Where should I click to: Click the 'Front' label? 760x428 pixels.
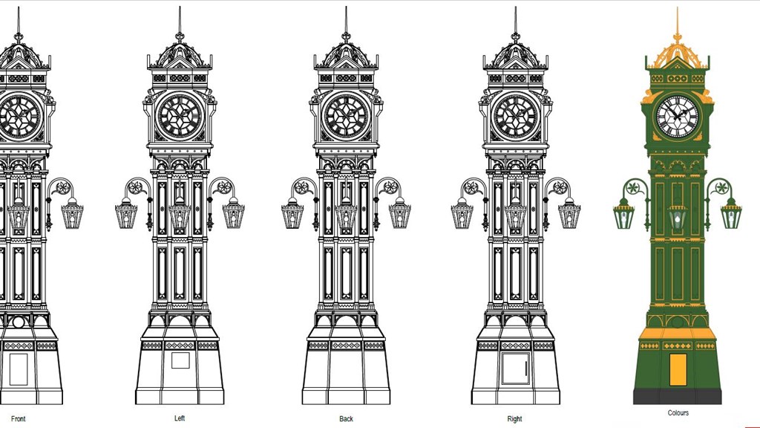tap(18, 419)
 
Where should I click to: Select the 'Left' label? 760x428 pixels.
tap(180, 418)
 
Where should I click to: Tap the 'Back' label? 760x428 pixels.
tap(346, 419)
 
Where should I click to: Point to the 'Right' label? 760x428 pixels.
tap(514, 419)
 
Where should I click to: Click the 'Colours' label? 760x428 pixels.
tap(678, 413)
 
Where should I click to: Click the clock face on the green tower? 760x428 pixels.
tap(678, 116)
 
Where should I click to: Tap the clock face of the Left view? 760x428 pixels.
tap(180, 117)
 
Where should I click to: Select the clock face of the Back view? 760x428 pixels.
tap(346, 117)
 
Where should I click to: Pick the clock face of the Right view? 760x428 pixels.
tap(515, 117)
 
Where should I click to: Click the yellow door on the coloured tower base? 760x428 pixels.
tap(678, 370)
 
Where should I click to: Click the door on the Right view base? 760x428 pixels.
tap(515, 368)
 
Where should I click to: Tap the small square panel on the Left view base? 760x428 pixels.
tap(180, 360)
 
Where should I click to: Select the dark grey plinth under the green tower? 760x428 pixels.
tap(678, 396)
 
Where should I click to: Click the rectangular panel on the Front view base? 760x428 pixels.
tap(18, 369)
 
